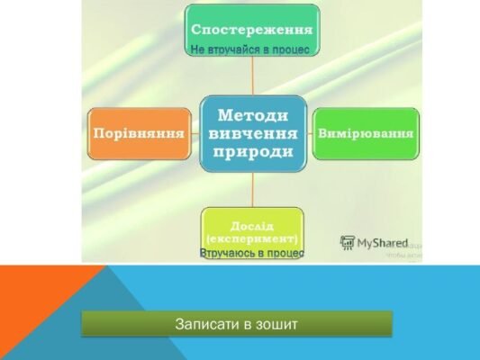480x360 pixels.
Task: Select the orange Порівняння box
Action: point(140,133)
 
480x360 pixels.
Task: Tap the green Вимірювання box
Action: point(365,133)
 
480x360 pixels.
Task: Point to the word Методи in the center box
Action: point(252,115)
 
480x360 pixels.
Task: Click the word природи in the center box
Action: point(252,151)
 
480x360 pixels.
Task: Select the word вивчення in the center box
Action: point(252,133)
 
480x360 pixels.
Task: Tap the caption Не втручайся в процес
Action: point(252,49)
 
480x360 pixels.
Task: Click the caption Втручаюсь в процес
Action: point(252,253)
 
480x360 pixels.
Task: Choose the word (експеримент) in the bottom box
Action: point(252,238)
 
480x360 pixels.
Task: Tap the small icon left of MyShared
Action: point(348,241)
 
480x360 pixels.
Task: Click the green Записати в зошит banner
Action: point(237,324)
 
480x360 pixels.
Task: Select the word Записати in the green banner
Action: point(206,324)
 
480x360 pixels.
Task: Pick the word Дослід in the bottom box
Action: point(252,223)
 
